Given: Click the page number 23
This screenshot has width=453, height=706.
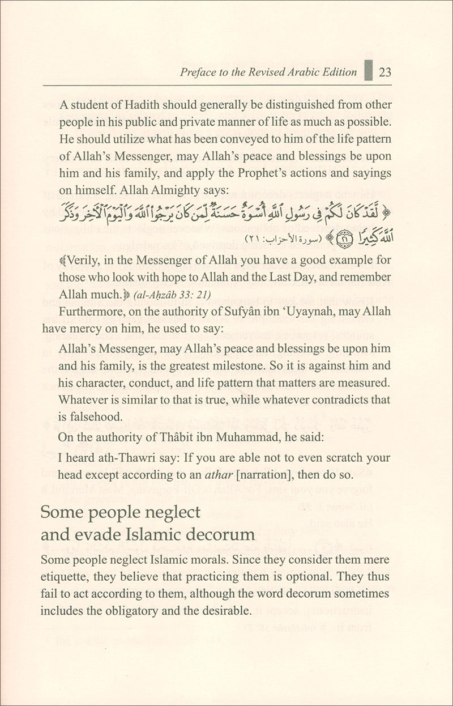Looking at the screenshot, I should point(385,72).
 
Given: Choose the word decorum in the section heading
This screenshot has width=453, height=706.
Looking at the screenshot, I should point(215,534).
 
